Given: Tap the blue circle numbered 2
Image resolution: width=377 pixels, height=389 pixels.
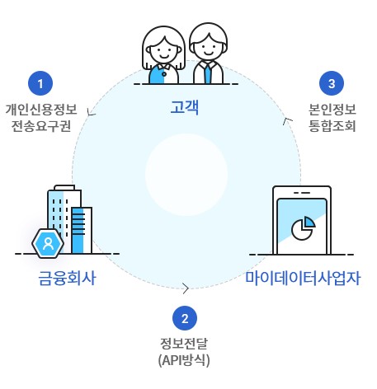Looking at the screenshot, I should [x=185, y=317].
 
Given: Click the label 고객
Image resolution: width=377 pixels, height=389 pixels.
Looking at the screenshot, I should [x=186, y=106].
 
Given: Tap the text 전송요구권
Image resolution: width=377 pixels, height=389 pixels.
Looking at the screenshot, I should [x=40, y=126].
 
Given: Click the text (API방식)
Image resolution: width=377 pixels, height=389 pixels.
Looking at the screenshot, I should [x=185, y=360].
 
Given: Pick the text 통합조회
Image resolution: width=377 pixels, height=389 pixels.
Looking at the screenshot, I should [x=332, y=126].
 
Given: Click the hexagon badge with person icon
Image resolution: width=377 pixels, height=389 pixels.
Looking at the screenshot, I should [x=49, y=243].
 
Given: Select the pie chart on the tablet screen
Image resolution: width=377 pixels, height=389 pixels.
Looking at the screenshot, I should [x=305, y=227].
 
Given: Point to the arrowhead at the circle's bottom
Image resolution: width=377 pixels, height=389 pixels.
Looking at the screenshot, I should [x=186, y=288].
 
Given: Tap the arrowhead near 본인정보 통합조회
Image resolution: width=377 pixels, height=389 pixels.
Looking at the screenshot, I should [x=286, y=121].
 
